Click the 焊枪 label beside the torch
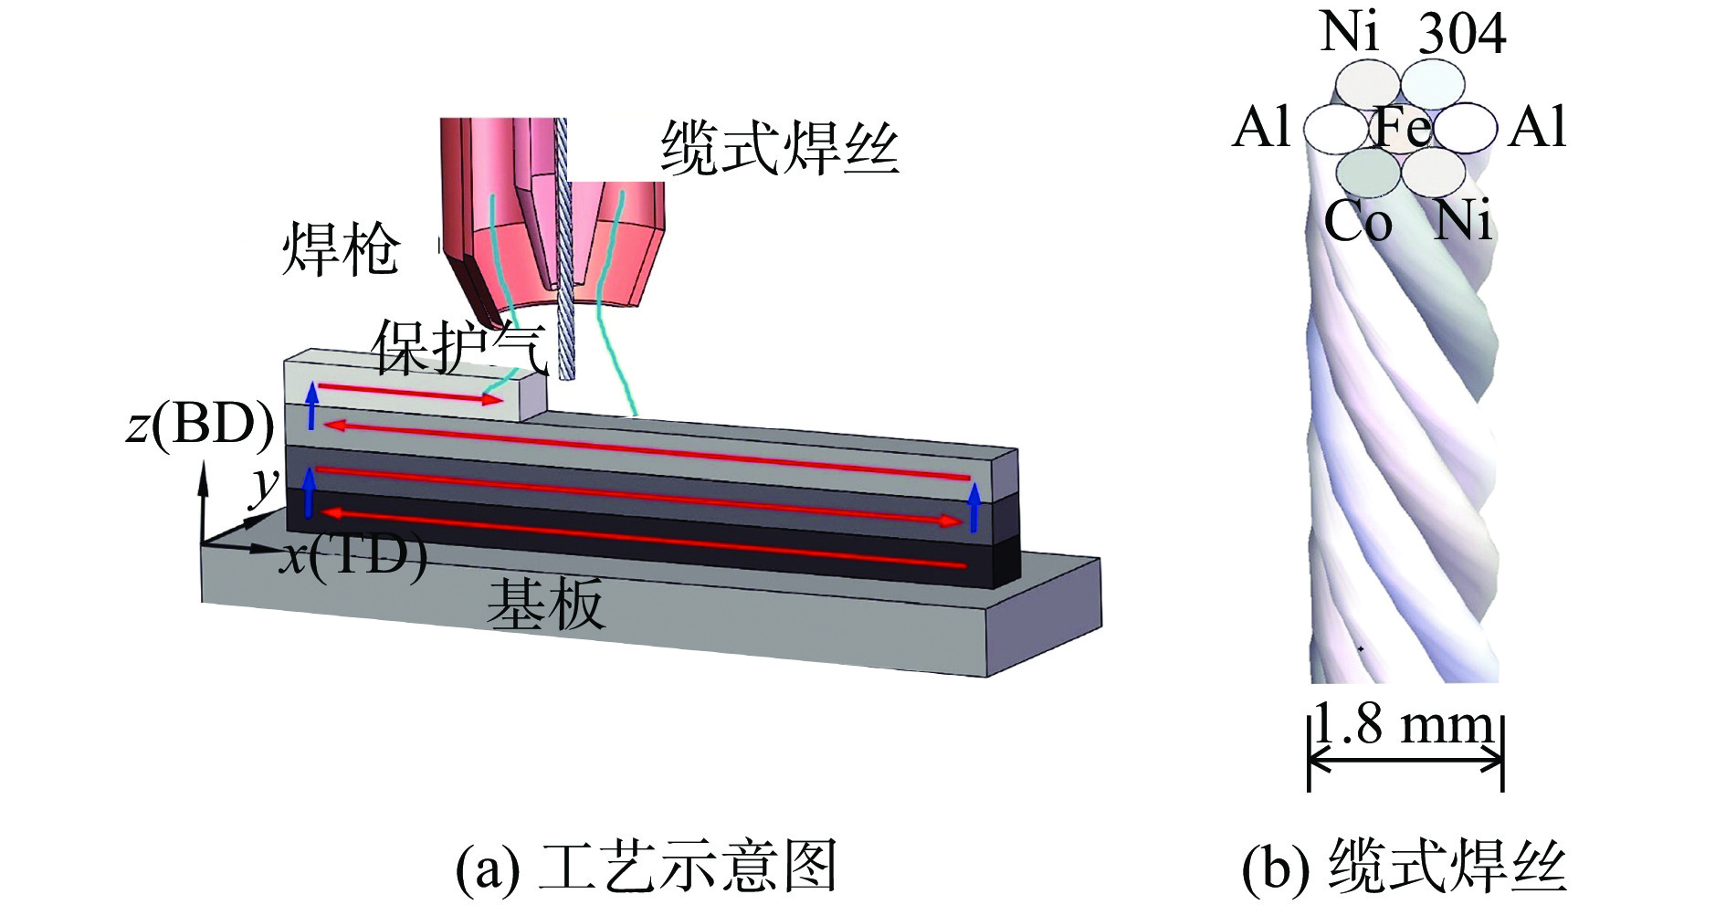[341, 248]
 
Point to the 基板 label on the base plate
[545, 604]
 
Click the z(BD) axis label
[200, 425]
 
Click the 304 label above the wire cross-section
[1462, 34]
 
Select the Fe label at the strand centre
[1402, 127]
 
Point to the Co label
[1358, 222]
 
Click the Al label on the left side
[1261, 127]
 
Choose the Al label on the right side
[1538, 127]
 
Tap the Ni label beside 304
[1349, 31]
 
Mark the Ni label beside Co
[1462, 222]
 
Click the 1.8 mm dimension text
[1405, 726]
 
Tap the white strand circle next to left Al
[1334, 129]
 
